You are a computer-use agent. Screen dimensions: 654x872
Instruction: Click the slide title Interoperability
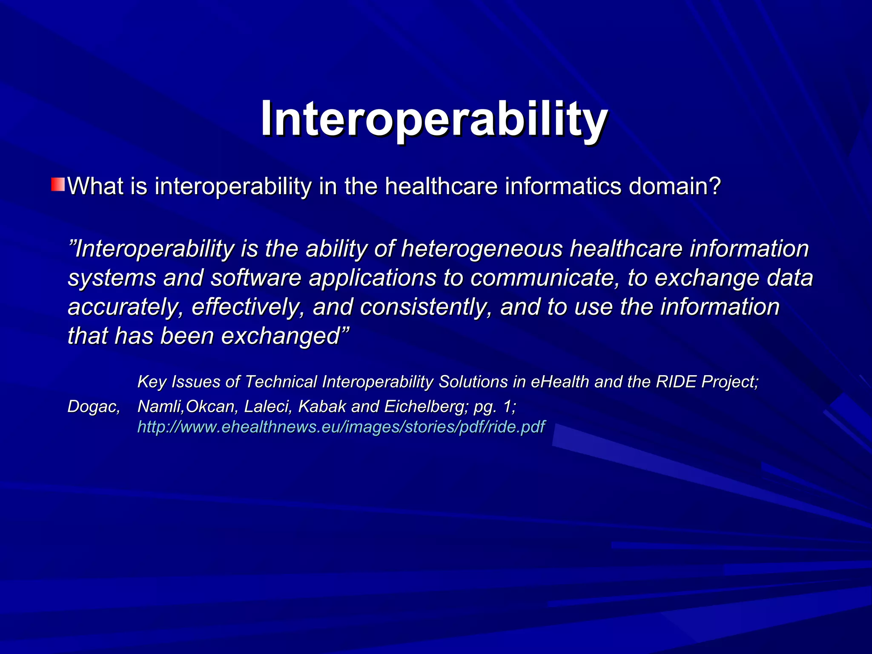434,119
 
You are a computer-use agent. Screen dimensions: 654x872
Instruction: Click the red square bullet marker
58,185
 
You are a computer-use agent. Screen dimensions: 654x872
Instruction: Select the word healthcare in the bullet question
441,186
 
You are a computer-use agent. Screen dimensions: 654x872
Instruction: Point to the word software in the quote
256,278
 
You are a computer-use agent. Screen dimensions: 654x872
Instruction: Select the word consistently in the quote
426,307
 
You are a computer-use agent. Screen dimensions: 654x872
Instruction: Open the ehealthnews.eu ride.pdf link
341,427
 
